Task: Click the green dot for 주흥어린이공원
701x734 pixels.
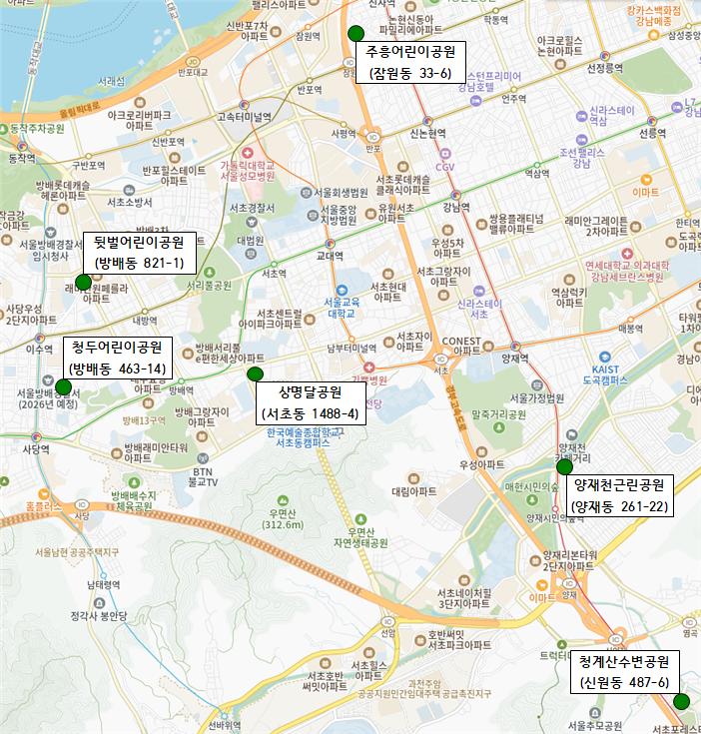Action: pyautogui.click(x=355, y=32)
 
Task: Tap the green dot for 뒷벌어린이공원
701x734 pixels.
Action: pyautogui.click(x=83, y=281)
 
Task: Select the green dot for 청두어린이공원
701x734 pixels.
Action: pyautogui.click(x=64, y=386)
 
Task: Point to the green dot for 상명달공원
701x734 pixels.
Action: pyautogui.click(x=255, y=373)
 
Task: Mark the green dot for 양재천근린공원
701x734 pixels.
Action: pyautogui.click(x=564, y=466)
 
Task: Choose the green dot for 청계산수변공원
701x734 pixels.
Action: pyautogui.click(x=681, y=702)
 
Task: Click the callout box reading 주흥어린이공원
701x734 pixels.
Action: pyautogui.click(x=409, y=62)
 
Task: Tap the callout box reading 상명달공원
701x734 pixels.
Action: pyautogui.click(x=311, y=401)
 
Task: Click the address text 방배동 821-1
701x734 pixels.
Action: pyautogui.click(x=139, y=263)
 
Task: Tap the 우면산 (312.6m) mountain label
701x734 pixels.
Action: pyautogui.click(x=283, y=519)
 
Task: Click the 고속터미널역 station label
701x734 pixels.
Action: pyautogui.click(x=244, y=117)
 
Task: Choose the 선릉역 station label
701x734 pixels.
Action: pyautogui.click(x=652, y=133)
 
